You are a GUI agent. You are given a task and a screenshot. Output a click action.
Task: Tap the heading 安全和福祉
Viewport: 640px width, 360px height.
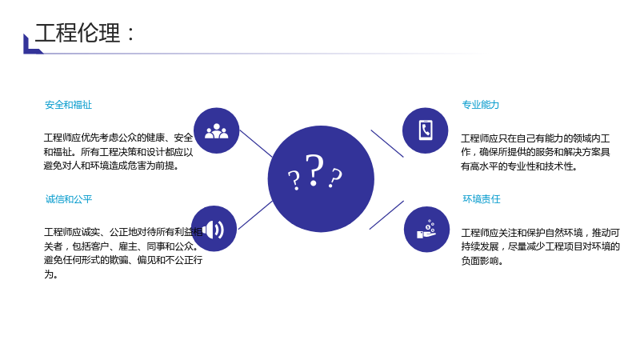[x=68, y=105]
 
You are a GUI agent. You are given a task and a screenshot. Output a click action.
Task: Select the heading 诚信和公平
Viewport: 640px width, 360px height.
[x=69, y=199]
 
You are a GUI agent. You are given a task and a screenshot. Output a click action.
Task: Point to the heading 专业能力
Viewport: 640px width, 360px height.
[x=481, y=105]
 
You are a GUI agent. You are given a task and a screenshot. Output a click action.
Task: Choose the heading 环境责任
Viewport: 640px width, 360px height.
[x=482, y=199]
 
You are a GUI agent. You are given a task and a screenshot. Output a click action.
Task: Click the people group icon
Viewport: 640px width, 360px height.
[x=216, y=131]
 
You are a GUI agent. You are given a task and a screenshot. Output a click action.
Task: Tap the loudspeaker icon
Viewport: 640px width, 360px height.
[x=214, y=230]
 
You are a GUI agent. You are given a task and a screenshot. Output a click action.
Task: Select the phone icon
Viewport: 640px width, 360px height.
[x=426, y=130]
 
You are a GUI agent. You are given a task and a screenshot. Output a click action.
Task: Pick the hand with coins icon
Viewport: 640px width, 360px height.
[x=426, y=229]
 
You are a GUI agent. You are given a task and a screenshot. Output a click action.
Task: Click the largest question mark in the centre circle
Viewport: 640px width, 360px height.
[x=314, y=170]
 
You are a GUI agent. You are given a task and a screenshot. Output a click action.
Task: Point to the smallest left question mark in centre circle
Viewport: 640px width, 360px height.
[x=294, y=180]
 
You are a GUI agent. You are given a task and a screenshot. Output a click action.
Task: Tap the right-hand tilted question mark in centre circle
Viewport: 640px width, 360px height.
[x=335, y=178]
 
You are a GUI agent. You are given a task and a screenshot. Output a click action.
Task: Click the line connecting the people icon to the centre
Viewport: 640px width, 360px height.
[x=256, y=144]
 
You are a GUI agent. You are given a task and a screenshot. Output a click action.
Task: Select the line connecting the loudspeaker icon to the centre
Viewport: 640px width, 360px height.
[x=255, y=215]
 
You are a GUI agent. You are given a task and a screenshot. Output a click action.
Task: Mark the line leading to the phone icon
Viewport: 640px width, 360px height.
[x=387, y=143]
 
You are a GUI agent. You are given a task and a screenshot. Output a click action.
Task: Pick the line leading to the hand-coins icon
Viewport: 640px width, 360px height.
[x=386, y=215]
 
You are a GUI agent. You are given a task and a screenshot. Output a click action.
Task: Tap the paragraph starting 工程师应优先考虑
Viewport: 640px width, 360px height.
[x=118, y=152]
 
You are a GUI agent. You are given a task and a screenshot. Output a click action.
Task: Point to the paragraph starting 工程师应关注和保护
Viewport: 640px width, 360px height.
[x=541, y=246]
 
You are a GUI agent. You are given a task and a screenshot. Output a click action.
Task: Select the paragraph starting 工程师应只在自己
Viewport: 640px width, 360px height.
[x=535, y=152]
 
